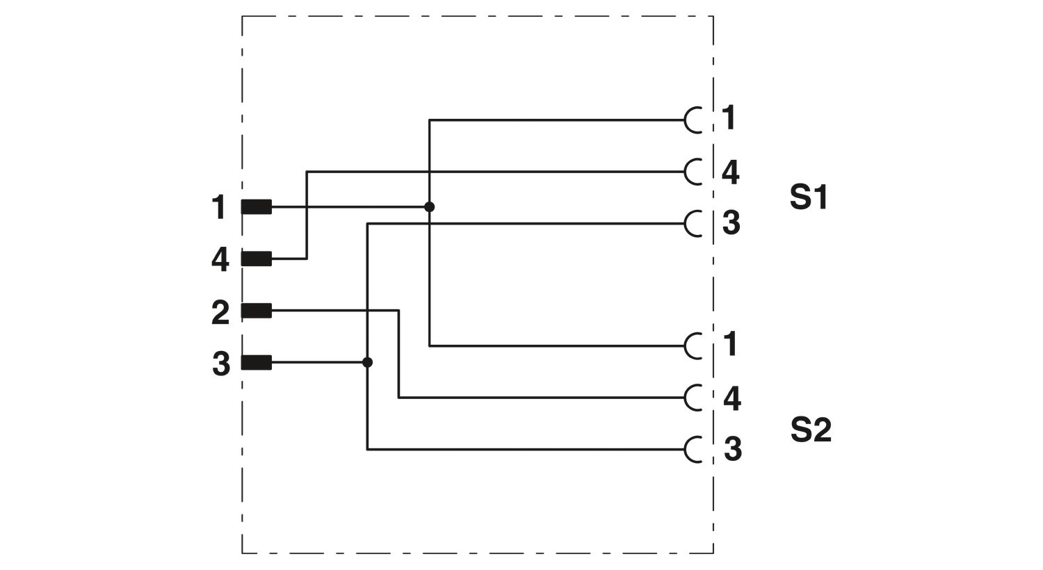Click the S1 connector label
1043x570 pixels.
(808, 197)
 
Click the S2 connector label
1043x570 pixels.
(811, 430)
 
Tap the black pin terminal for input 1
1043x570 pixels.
(256, 207)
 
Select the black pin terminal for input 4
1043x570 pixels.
(256, 259)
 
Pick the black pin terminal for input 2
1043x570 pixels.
(256, 310)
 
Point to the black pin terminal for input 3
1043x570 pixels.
(256, 362)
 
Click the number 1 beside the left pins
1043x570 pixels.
(219, 207)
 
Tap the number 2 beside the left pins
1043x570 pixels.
(220, 312)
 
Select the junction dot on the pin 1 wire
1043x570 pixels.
(429, 206)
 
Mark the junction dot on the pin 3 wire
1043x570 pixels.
(367, 362)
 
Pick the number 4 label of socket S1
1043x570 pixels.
(731, 172)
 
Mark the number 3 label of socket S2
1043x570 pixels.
(732, 449)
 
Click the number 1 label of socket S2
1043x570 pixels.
(730, 344)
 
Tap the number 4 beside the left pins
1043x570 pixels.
(220, 260)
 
